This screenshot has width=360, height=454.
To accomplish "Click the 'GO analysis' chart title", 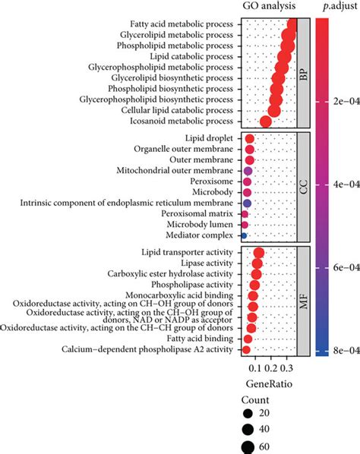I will point(264,6).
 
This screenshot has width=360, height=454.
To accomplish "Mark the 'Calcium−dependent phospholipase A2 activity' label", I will point(155,350).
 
